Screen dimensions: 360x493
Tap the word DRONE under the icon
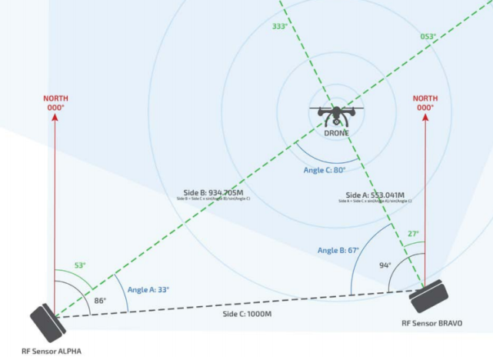(x=336, y=133)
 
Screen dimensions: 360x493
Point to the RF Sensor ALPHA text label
(x=51, y=351)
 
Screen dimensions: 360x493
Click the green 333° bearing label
(x=280, y=26)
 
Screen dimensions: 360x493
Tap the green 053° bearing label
(x=428, y=36)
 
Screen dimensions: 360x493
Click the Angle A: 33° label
(x=148, y=289)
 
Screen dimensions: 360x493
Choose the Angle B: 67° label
(x=338, y=251)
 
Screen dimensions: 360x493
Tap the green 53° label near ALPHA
(x=79, y=265)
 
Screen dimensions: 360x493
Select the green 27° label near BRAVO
(x=412, y=234)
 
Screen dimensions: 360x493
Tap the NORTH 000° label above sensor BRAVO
(x=425, y=103)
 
